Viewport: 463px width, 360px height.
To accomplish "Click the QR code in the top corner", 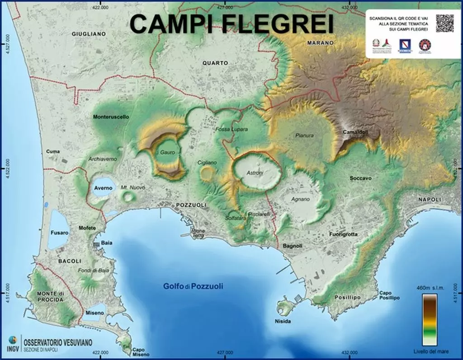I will (444, 23).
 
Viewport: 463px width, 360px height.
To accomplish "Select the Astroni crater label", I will (254, 173).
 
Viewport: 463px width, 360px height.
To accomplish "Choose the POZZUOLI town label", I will (191, 205).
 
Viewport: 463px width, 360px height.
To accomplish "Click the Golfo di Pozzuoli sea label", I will (193, 286).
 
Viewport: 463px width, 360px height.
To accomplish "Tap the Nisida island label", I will (283, 321).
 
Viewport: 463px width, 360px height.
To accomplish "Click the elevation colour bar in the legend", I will (430, 319).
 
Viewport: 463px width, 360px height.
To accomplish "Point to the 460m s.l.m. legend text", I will (430, 287).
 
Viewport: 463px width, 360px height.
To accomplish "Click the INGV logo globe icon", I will (11, 339).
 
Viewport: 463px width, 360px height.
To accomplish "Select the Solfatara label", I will (236, 218).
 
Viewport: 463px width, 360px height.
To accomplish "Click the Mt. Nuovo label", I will (129, 187).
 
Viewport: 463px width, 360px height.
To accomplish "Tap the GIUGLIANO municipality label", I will (89, 34).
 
